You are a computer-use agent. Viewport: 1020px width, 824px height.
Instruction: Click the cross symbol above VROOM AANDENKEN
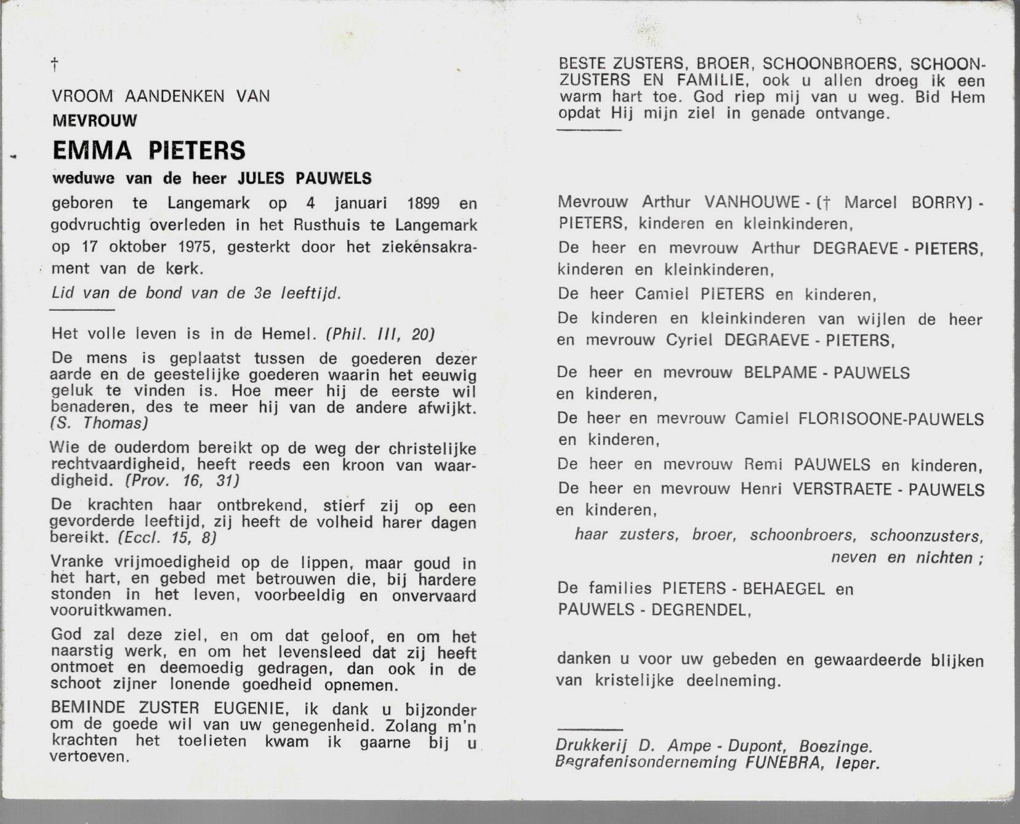click(x=55, y=64)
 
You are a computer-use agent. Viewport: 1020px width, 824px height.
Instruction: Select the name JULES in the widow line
click(x=261, y=178)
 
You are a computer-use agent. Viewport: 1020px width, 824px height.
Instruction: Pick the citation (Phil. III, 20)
click(x=380, y=334)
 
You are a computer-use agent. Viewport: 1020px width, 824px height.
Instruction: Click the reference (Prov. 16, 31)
click(x=182, y=481)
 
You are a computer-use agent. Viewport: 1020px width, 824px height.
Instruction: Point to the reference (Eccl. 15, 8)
click(x=167, y=538)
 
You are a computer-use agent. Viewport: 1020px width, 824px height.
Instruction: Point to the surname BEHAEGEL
click(x=783, y=589)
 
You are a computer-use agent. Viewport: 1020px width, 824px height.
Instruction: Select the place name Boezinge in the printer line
click(x=835, y=746)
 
